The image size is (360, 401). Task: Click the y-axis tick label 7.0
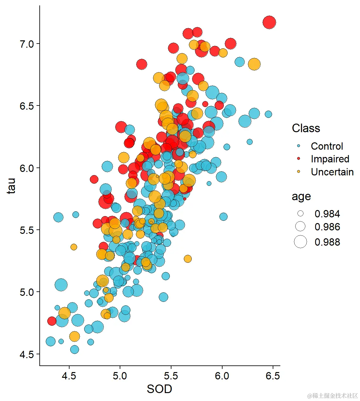(x=27, y=44)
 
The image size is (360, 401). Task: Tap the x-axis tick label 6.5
(x=273, y=376)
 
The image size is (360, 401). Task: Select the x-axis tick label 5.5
(x=171, y=376)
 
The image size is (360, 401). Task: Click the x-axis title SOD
(x=159, y=389)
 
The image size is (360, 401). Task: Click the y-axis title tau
(x=11, y=186)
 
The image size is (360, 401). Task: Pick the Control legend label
(x=327, y=146)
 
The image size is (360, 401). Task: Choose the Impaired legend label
(x=330, y=159)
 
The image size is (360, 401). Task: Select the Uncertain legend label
(x=332, y=172)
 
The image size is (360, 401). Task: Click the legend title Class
(x=306, y=128)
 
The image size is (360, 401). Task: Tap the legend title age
(x=301, y=197)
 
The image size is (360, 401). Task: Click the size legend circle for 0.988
(x=300, y=242)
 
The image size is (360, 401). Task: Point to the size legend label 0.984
(x=327, y=214)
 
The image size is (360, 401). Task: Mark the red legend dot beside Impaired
(x=298, y=159)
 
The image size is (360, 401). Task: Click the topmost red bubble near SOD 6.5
(x=269, y=23)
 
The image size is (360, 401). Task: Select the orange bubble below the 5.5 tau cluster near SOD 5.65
(x=188, y=259)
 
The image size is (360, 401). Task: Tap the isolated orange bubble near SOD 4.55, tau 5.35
(x=74, y=247)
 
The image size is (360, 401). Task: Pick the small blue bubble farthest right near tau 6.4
(x=268, y=114)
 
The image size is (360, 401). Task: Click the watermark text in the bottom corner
(x=332, y=396)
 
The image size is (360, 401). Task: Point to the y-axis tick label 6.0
(x=27, y=168)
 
